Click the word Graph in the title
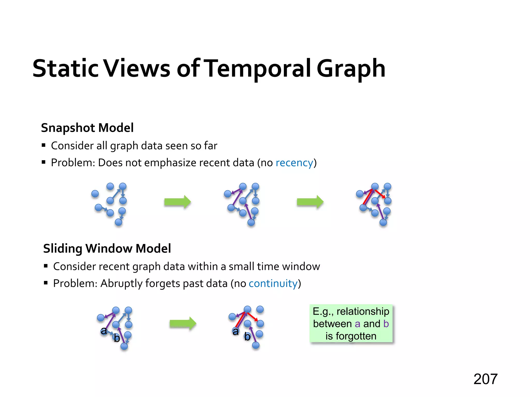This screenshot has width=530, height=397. click(x=351, y=69)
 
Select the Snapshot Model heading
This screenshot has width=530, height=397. click(x=87, y=128)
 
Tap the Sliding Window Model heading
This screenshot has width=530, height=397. click(x=107, y=248)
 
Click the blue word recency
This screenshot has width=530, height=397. click(x=294, y=163)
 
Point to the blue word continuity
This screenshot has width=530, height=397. click(x=273, y=284)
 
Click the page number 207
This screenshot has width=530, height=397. click(x=485, y=379)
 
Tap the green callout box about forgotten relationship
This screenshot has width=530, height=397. click(x=351, y=324)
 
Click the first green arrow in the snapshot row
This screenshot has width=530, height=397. click(x=178, y=202)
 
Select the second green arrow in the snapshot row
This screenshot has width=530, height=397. click(x=310, y=202)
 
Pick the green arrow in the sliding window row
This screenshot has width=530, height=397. click(x=183, y=323)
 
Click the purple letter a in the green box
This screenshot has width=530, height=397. click(x=357, y=324)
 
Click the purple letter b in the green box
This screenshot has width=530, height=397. click(x=386, y=324)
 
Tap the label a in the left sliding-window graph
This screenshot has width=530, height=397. click(x=104, y=331)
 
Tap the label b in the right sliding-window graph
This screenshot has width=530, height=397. click(x=247, y=337)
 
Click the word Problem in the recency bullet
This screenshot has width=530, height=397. click(x=73, y=163)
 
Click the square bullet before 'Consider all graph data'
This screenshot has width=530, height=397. click(x=43, y=145)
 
